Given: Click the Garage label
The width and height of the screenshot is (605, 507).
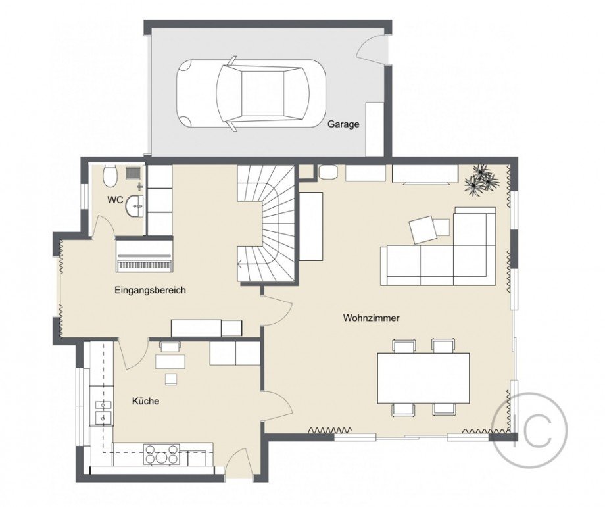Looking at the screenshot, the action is [x=343, y=124].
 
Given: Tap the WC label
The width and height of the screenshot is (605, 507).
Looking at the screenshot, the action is [x=115, y=200].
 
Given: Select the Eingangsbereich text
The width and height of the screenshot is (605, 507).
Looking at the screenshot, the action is [x=150, y=290].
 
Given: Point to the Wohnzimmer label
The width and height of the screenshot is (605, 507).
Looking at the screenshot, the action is [x=371, y=318].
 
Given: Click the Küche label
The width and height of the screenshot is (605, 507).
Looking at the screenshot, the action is [x=145, y=401].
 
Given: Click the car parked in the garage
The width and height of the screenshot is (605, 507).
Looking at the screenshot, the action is [x=251, y=93].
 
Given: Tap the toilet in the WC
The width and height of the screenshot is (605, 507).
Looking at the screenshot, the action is [x=110, y=176].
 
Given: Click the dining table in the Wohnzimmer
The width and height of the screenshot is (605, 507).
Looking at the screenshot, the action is [x=423, y=378].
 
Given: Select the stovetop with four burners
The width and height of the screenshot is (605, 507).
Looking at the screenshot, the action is [x=162, y=454].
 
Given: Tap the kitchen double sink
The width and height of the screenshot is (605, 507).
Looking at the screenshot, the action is [x=103, y=411].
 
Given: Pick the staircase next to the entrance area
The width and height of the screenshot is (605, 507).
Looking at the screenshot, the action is [x=266, y=224].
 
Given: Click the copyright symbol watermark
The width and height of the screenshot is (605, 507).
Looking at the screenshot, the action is [x=529, y=431].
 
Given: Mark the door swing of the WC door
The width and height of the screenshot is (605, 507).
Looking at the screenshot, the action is [x=101, y=226].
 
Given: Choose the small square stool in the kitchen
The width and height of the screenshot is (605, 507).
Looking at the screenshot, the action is [x=171, y=379].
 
